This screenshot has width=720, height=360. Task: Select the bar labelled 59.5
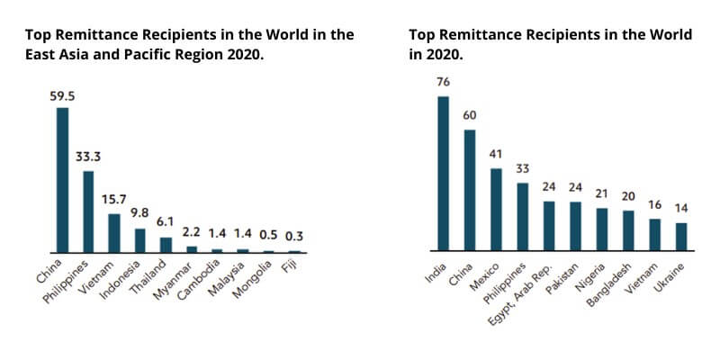point(62,180)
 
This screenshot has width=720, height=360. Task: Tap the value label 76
point(443,83)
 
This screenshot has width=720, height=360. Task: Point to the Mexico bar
point(496,209)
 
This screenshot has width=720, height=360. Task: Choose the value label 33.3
point(87,156)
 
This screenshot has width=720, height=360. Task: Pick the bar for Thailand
point(166,244)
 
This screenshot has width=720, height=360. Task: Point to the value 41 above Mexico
point(496,154)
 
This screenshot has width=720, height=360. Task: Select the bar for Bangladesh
point(628,230)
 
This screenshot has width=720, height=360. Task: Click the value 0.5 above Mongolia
point(268,236)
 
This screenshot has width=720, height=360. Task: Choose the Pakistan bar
point(575,226)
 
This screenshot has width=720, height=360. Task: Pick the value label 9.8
point(139,214)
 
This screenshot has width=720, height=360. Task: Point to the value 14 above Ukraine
point(681,208)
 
